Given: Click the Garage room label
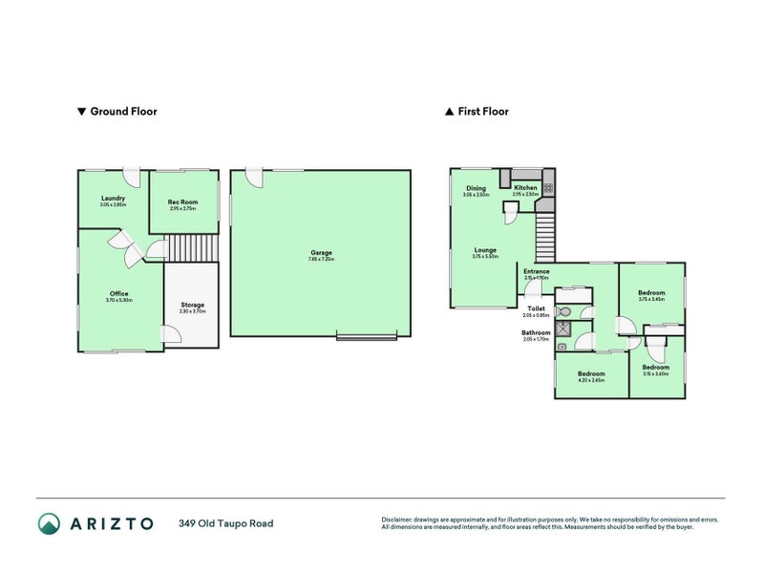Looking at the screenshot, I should (x=320, y=252).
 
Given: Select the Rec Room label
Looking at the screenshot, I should (x=182, y=202).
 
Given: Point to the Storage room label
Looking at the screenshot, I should (x=192, y=305).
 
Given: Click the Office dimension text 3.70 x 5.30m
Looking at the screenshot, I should (x=118, y=300).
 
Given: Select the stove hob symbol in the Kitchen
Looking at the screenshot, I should (x=548, y=178).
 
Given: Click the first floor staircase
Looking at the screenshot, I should (x=543, y=234).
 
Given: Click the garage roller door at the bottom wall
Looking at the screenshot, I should (x=366, y=335).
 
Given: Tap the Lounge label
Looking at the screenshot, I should (x=485, y=250).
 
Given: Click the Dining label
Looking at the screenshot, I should (x=476, y=188).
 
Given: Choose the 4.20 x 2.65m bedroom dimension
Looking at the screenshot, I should (x=590, y=380).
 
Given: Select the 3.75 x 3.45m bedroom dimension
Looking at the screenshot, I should (x=650, y=299).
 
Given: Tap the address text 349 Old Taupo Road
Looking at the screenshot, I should (x=224, y=523).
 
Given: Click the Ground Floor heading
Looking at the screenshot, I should (x=123, y=112).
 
